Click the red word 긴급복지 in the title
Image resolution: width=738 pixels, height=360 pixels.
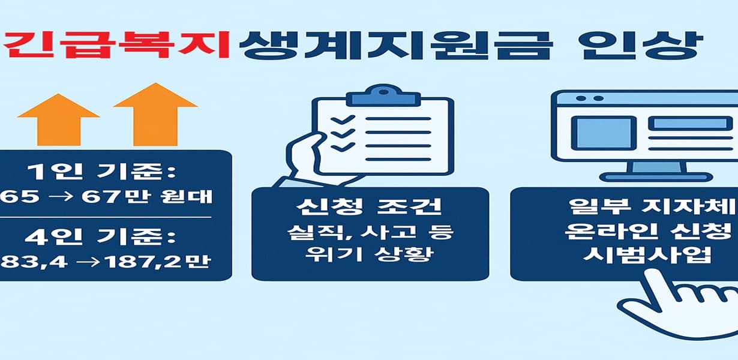click(117, 46)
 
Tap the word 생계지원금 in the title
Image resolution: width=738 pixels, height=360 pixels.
click(393, 46)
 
